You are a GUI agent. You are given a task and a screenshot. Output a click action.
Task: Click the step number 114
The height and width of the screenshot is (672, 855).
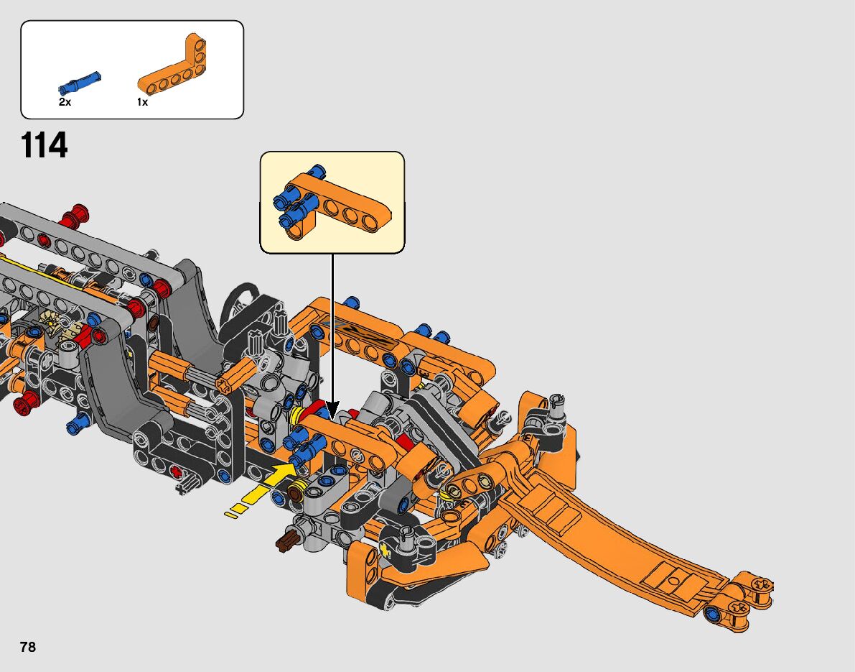pos(44,145)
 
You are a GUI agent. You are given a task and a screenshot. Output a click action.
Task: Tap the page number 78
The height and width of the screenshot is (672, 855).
pos(28,647)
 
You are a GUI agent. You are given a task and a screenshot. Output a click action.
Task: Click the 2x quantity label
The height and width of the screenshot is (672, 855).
pos(65,102)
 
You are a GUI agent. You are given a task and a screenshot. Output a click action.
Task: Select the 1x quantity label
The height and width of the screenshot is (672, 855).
pos(142,102)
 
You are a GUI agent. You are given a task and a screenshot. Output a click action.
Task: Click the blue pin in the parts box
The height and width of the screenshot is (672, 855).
pos(79,83)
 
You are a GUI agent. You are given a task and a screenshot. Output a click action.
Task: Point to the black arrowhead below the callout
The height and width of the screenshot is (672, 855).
pos(332,410)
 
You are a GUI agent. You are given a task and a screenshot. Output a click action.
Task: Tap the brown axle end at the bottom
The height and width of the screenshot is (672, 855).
pos(287,540)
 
